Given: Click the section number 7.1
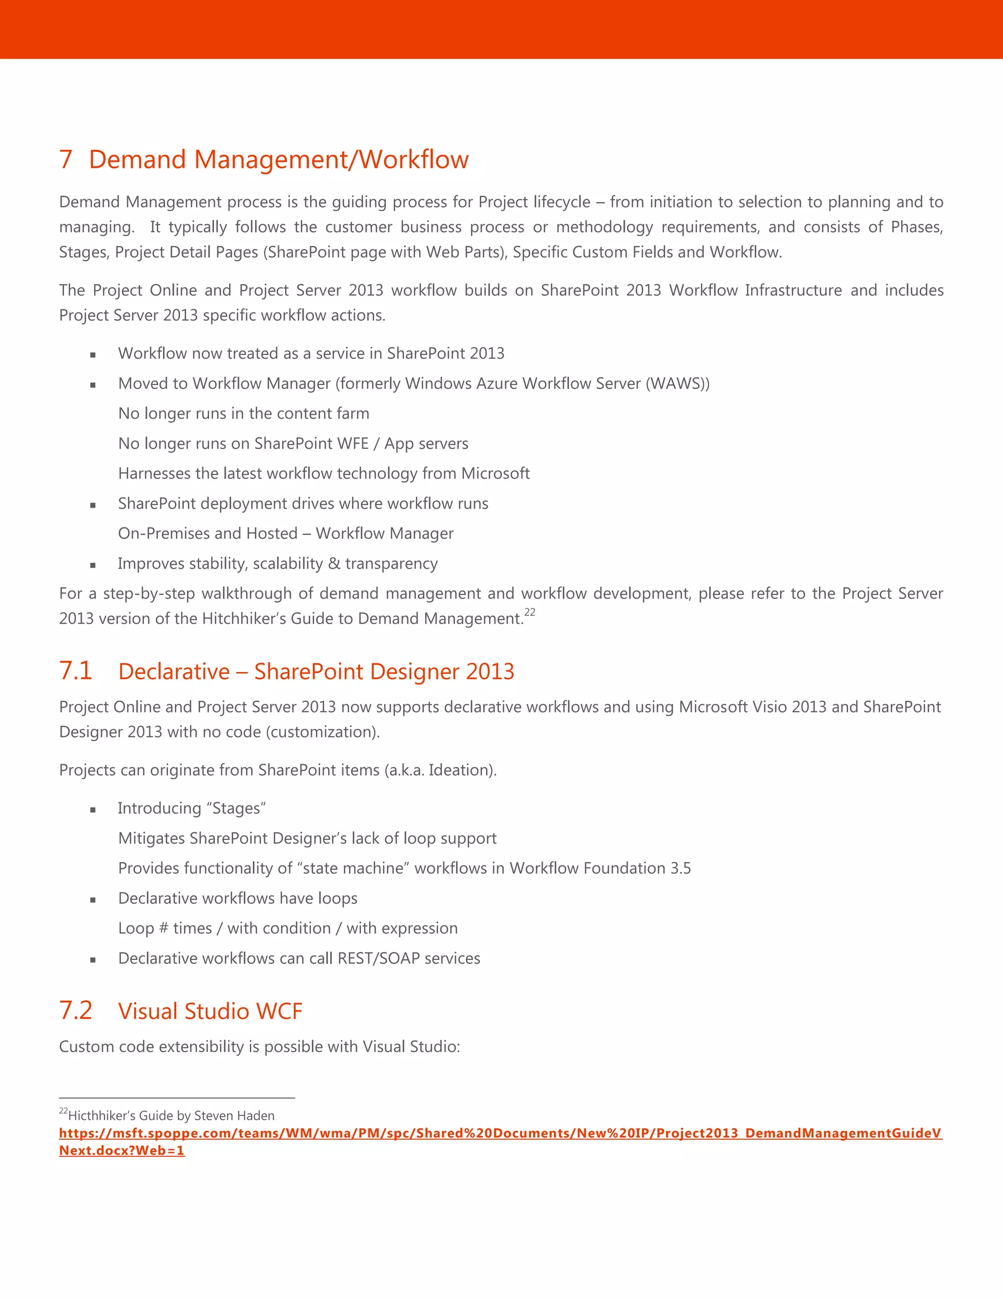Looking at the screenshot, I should [x=75, y=671].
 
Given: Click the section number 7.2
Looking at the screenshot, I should [x=75, y=1010].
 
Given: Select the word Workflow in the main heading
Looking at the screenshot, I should [x=414, y=159].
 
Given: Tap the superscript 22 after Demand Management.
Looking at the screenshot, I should [x=529, y=612].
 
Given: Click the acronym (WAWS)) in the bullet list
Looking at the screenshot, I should [x=677, y=384].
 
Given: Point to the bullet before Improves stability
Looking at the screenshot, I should [x=93, y=565].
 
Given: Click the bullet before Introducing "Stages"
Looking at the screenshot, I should [x=93, y=810].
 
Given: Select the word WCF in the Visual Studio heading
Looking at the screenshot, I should [x=279, y=1011].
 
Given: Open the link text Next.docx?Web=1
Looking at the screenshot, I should [x=122, y=1150].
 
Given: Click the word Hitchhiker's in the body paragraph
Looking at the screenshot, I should [x=240, y=619].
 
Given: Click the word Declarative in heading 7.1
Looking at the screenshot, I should [x=173, y=672].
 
